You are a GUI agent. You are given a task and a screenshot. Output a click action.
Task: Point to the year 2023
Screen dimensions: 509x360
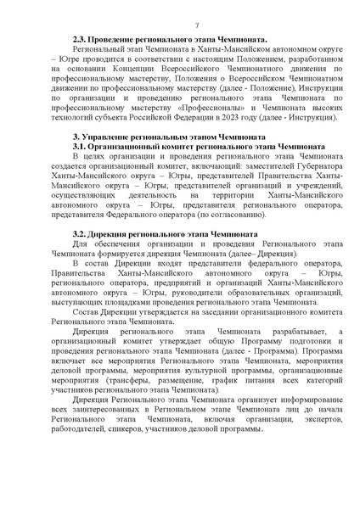click(216, 121)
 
